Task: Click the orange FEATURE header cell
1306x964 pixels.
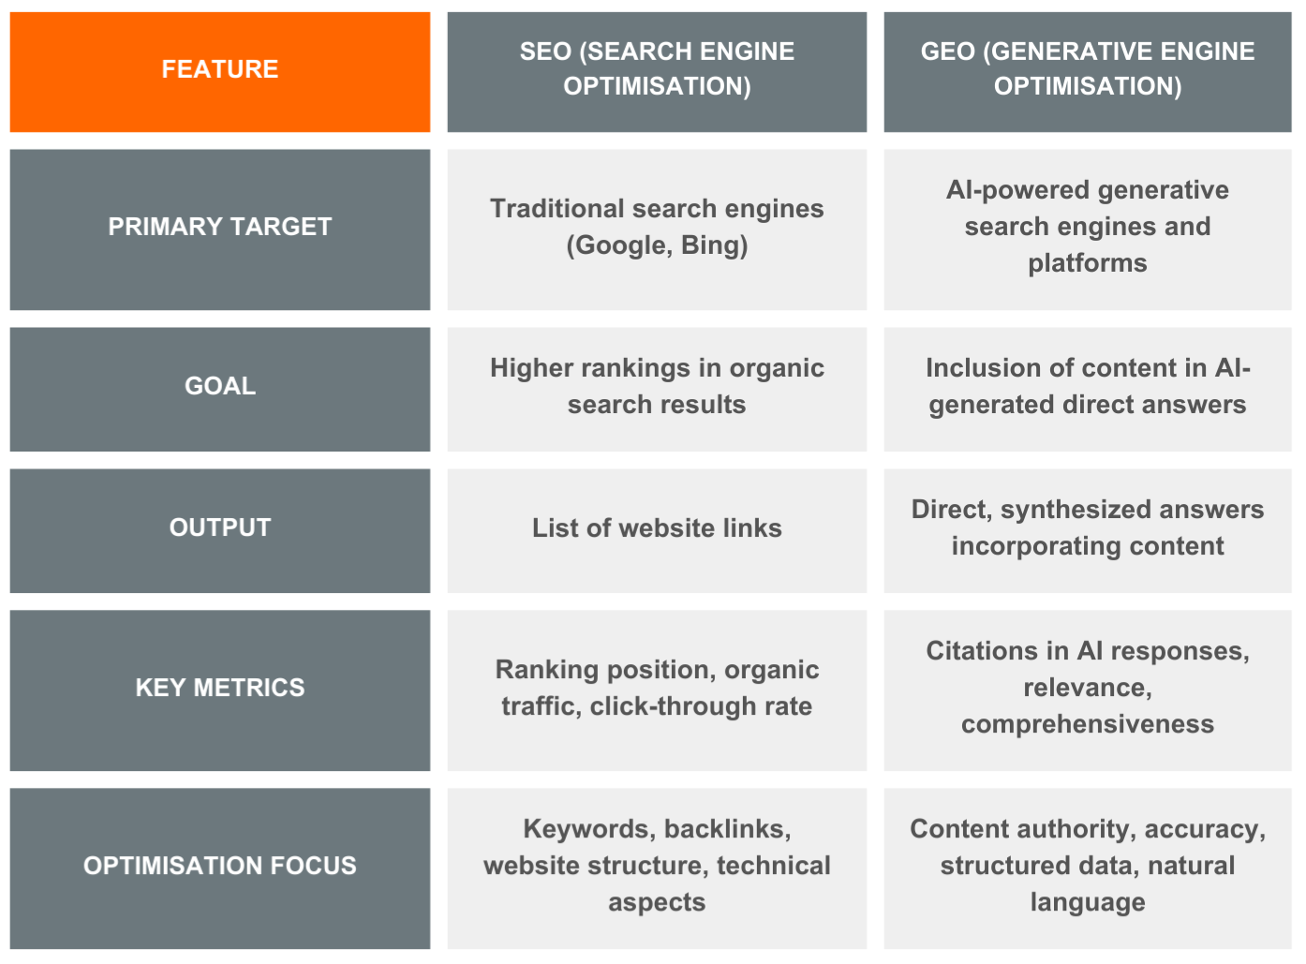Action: pos(219,72)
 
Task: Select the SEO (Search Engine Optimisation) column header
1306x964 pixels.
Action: pos(657,72)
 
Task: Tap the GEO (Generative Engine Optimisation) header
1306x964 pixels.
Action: pos(1088,72)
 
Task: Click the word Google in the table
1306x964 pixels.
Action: pos(619,245)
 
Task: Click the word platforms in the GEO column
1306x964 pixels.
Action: pos(1088,263)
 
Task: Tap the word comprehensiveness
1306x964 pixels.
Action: pos(1088,724)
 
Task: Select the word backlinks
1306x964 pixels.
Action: pos(728,829)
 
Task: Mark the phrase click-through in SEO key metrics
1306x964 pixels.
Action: pos(673,706)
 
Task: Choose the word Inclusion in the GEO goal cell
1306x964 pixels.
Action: pos(983,368)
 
